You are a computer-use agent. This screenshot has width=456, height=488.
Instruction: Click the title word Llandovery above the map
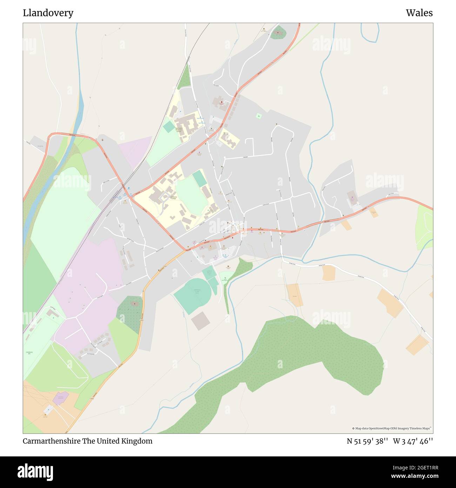pyautogui.click(x=48, y=13)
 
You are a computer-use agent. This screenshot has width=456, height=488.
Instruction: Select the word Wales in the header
pyautogui.click(x=419, y=13)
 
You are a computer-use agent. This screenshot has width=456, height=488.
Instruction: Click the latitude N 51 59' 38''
pyautogui.click(x=367, y=441)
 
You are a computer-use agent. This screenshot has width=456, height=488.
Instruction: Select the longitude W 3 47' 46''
pyautogui.click(x=413, y=441)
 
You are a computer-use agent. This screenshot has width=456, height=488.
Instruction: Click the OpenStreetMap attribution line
pyautogui.click(x=392, y=428)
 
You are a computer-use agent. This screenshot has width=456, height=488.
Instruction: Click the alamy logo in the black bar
pyautogui.click(x=35, y=471)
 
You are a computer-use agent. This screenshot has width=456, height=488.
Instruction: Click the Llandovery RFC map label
pyautogui.click(x=29, y=352)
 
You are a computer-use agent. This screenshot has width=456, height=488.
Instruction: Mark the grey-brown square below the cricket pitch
pyautogui.click(x=200, y=321)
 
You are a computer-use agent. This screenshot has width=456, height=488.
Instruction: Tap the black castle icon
pyautogui.click(x=228, y=266)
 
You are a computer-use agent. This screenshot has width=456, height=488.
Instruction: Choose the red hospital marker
pyautogui.click(x=221, y=103)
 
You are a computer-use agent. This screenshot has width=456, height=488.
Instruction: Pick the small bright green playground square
pyautogui.click(x=259, y=116)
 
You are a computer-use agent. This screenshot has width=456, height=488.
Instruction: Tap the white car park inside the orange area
pyautogui.click(x=48, y=409)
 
